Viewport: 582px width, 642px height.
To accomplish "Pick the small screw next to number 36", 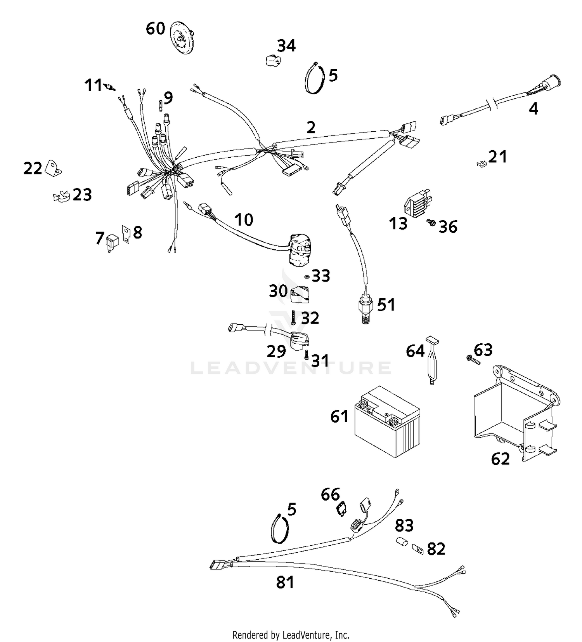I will coord(430,222).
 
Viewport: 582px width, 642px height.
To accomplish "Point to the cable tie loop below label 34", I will coord(314,79).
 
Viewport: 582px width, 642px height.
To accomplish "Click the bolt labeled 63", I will coord(473,359).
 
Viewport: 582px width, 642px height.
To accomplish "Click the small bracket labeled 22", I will coord(53,168).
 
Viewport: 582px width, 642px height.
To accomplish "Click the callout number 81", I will coord(285,582).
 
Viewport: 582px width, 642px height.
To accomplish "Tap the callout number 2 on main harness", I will coord(311,127).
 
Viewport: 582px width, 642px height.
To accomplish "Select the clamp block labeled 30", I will coord(300,294).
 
